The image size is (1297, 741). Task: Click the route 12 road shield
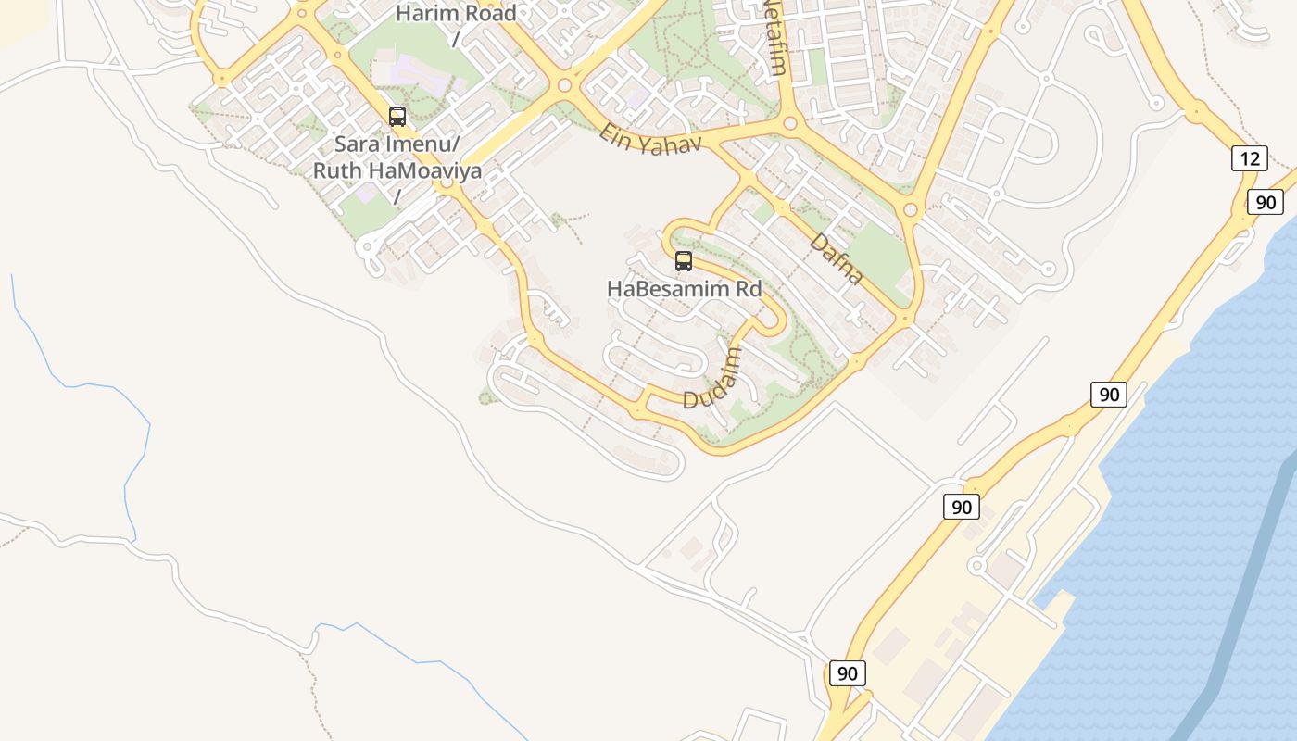1249,158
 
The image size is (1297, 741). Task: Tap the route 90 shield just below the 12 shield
1265,202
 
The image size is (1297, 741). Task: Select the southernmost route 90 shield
847,673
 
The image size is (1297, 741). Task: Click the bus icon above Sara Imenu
397,117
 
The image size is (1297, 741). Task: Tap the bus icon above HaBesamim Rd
684,261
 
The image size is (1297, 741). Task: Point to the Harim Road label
456,14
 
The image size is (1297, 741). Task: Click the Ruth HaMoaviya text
397,170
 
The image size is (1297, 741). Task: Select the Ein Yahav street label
650,139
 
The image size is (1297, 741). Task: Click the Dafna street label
837,258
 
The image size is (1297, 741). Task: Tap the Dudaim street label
713,378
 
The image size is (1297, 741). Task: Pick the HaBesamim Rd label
684,289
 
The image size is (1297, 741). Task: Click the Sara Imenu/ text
397,144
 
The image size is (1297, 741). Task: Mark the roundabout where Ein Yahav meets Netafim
790,123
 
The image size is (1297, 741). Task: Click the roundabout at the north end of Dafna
910,210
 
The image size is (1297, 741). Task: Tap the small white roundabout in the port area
976,565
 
